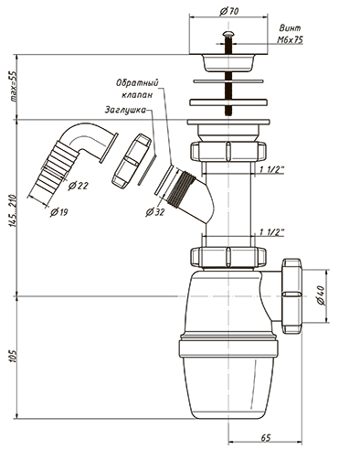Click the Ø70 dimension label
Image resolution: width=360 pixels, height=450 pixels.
tap(229, 11)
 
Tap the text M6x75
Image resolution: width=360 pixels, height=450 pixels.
tap(290, 40)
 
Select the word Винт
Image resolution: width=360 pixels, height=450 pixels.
tap(290, 28)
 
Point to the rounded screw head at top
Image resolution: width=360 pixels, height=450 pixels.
tap(228, 33)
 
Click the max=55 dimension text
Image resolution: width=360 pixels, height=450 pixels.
tap(13, 88)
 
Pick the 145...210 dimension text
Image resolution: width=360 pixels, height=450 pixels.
tap(13, 209)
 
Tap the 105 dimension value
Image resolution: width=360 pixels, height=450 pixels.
tap(13, 355)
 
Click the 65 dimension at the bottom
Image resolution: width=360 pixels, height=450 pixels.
tap(265, 437)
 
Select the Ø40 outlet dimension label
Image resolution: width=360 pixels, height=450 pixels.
tap(321, 295)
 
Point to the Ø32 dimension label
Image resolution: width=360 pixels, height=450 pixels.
tap(154, 212)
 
